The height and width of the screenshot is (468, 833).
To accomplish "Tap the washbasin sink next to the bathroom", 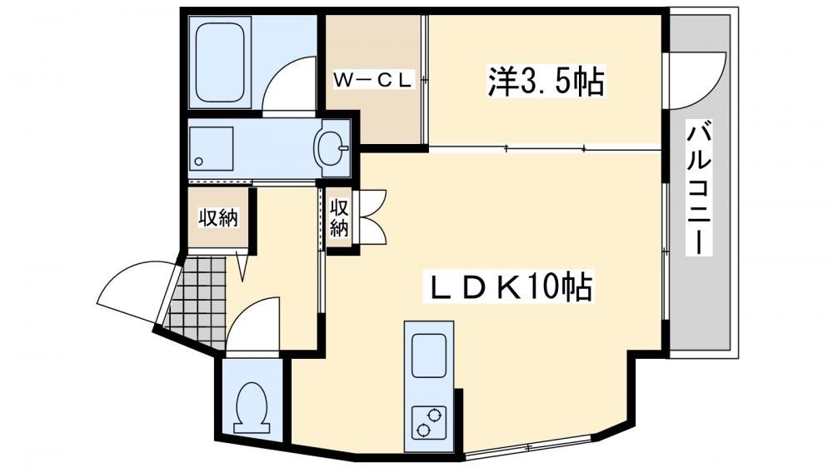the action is click(x=332, y=148).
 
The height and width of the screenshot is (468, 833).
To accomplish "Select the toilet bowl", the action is click(x=252, y=406).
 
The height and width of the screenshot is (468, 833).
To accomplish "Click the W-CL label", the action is click(x=372, y=80).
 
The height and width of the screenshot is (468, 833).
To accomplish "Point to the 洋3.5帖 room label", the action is click(x=546, y=82).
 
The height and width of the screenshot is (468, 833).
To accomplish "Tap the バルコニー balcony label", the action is click(x=699, y=188).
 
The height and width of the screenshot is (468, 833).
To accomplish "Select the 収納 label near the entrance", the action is click(x=219, y=218).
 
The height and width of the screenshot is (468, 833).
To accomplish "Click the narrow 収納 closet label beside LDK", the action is click(x=339, y=217).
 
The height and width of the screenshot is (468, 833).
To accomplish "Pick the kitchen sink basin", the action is click(x=429, y=356).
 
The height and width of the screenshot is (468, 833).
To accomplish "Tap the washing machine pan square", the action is click(x=212, y=148).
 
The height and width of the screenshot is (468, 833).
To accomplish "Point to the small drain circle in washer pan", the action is click(x=199, y=162).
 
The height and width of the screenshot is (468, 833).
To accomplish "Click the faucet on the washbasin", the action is click(x=342, y=148).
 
